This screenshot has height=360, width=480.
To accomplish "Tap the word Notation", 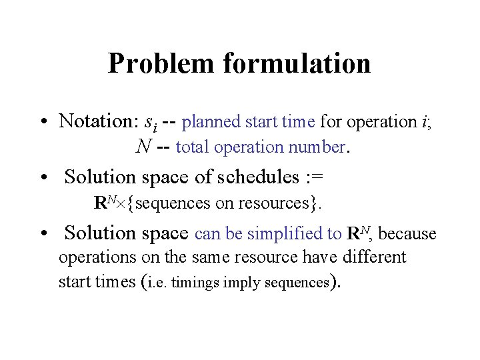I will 97,121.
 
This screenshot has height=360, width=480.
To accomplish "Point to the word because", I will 408,234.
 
